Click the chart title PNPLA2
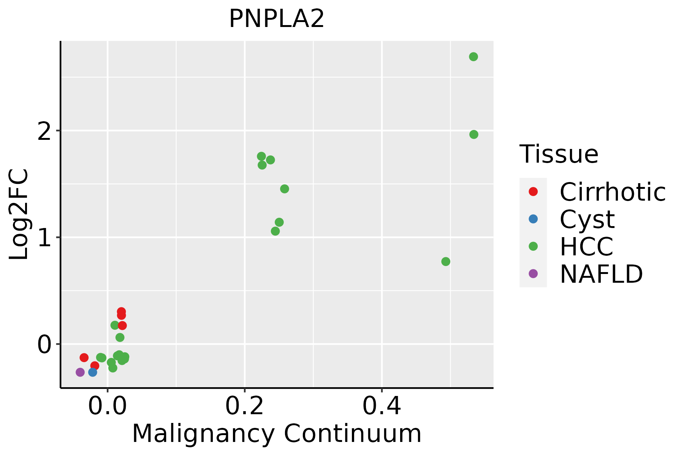[x=277, y=19]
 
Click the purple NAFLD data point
[x=80, y=372]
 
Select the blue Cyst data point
[x=93, y=372]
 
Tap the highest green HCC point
[x=473, y=57]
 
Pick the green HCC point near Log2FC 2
[x=474, y=135]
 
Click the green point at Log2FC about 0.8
[x=446, y=261]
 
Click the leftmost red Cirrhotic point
[x=84, y=358]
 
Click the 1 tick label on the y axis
[x=45, y=238]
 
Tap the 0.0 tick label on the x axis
[x=108, y=407]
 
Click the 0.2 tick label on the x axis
[x=245, y=407]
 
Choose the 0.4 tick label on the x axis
[x=382, y=407]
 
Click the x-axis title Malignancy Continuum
[x=277, y=434]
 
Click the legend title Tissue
[x=559, y=154]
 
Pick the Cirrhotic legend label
[x=613, y=192]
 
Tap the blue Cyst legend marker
[x=533, y=219]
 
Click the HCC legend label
[x=586, y=247]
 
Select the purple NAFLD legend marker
[x=533, y=274]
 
